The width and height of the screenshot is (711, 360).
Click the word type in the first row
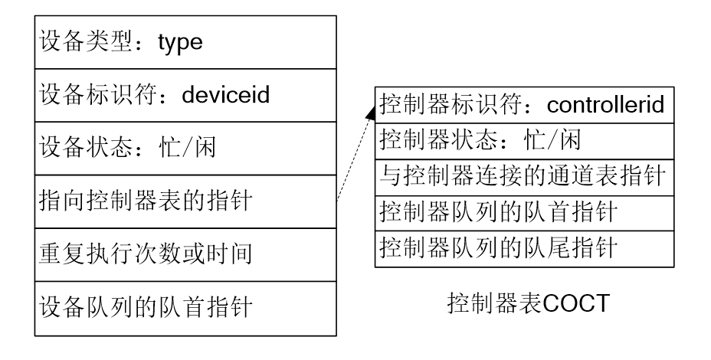(180, 42)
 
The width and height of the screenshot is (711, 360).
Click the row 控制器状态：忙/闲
(480, 141)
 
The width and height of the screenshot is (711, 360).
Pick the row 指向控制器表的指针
(146, 201)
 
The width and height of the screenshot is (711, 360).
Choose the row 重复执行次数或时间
(146, 254)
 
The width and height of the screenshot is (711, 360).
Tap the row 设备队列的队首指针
(146, 308)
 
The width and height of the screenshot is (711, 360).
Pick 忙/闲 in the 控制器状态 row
(549, 141)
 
